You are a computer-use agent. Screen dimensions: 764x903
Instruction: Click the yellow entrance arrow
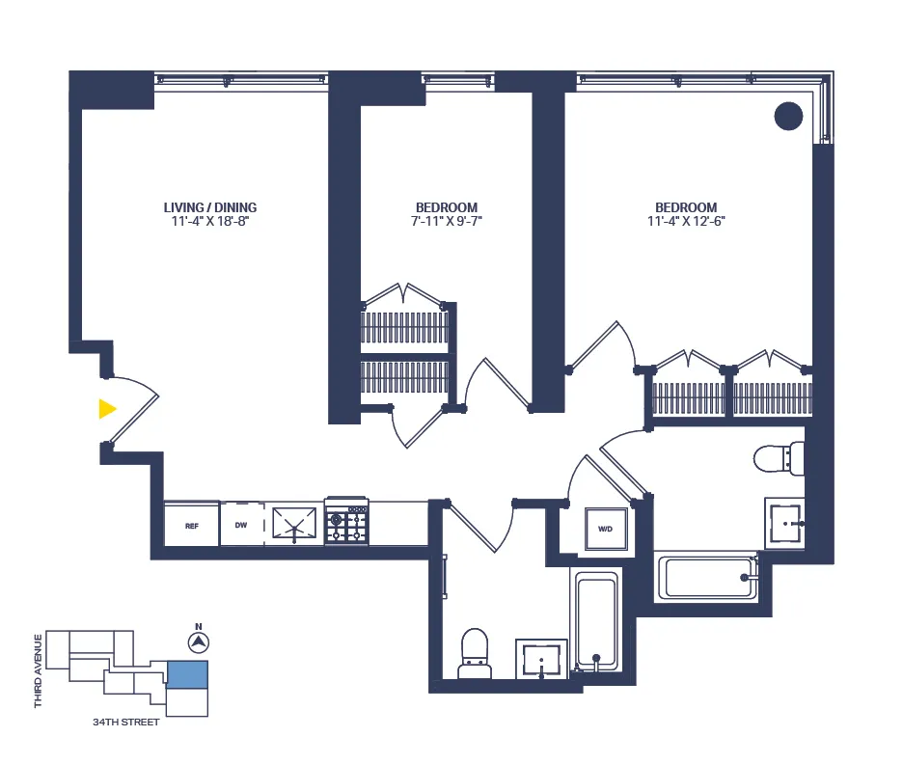(106, 409)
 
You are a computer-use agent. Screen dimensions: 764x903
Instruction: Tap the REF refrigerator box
(191, 526)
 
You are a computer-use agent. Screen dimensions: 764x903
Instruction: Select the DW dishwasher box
(241, 526)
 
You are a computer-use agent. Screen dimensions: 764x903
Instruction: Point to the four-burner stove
(346, 524)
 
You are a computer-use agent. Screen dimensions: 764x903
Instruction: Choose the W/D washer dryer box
(606, 529)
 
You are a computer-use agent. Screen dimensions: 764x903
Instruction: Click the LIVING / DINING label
(210, 207)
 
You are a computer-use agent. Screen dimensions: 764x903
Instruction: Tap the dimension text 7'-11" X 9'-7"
(447, 222)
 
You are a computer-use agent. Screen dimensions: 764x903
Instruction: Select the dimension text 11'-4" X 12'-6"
(686, 222)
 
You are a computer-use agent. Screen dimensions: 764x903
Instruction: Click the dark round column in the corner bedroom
(789, 117)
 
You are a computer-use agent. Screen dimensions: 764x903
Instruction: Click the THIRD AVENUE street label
(39, 670)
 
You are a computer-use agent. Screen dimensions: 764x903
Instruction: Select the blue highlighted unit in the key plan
(188, 673)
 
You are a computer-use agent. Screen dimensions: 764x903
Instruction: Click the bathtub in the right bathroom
(706, 577)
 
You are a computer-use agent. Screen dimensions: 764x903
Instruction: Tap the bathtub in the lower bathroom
(596, 621)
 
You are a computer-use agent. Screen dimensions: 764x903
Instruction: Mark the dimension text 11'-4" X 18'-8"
(210, 222)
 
